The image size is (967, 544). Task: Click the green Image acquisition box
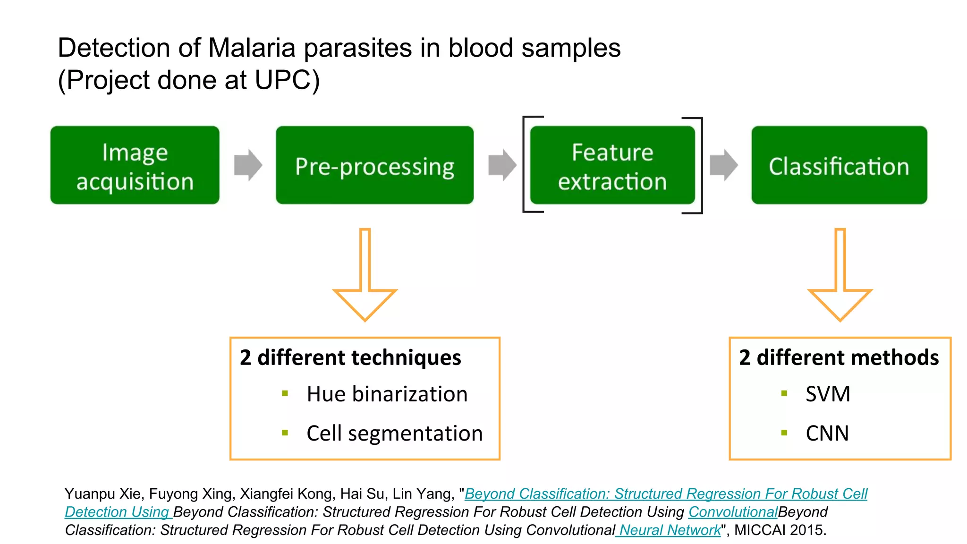tap(135, 165)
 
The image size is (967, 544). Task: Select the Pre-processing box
tap(374, 165)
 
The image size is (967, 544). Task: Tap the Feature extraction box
tap(612, 165)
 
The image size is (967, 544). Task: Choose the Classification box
tap(839, 165)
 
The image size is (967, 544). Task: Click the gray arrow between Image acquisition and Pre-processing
tap(248, 165)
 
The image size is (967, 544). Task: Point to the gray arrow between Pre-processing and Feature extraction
tap(502, 165)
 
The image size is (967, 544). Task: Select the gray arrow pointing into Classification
tap(723, 165)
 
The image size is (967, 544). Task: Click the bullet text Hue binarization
tap(387, 394)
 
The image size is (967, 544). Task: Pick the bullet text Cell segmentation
tap(394, 433)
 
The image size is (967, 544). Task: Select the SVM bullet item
tap(828, 394)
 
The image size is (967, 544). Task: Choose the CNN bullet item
tap(827, 433)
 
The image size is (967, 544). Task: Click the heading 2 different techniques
tap(350, 357)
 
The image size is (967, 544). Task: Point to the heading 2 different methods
tap(839, 357)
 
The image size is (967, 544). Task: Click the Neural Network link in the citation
tap(670, 530)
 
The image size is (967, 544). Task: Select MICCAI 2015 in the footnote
tap(780, 530)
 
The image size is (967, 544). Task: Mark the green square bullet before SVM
tap(784, 393)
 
